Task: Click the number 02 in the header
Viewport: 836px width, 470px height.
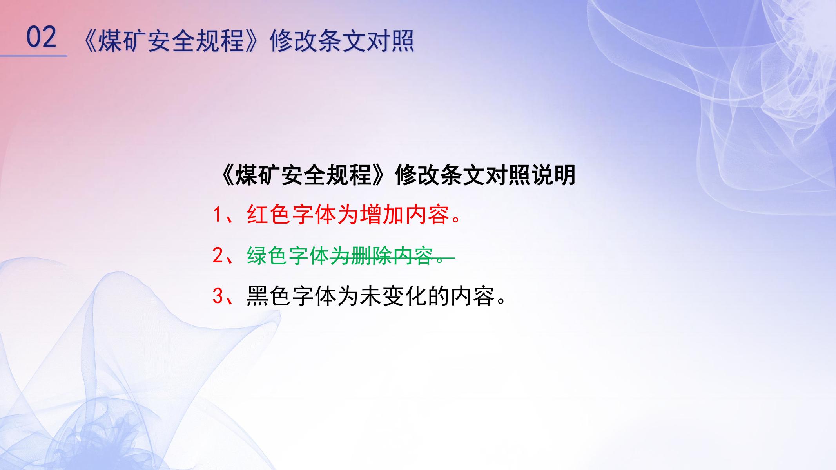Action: click(41, 37)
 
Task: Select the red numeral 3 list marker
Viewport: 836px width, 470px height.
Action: click(218, 296)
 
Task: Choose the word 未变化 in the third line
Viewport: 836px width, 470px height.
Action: click(393, 296)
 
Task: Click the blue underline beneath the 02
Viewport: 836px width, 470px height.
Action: click(34, 56)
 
